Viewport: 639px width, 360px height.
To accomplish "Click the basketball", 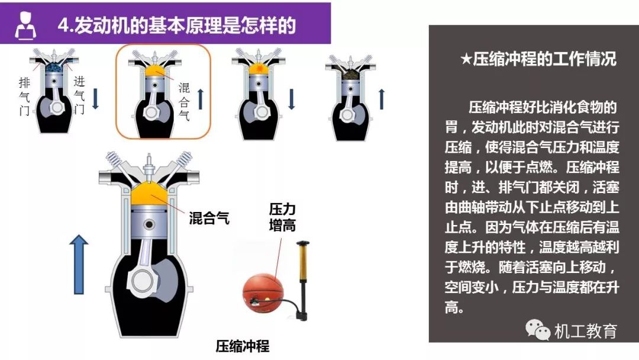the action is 263,293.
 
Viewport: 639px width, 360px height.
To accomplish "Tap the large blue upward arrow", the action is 79,264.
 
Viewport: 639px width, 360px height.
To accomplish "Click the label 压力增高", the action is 282,217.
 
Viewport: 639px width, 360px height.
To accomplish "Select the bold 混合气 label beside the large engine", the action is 209,218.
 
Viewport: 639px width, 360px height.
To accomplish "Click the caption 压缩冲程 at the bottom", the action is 243,346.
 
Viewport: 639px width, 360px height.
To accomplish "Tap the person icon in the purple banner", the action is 25,25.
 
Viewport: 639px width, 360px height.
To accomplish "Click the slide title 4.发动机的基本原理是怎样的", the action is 176,25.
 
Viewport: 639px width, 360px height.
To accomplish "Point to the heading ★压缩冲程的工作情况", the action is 538,59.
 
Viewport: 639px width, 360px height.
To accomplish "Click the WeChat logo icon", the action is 537,329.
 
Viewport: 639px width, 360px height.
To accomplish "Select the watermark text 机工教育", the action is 586,330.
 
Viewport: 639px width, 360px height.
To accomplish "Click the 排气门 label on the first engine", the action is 24,97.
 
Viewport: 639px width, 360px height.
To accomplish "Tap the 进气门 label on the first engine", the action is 79,95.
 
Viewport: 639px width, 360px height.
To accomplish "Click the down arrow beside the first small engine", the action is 95,99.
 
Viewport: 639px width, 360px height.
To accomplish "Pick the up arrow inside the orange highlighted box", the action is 201,99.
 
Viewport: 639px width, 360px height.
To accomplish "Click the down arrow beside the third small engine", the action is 291,99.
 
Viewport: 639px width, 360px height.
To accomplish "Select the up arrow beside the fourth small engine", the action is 382,99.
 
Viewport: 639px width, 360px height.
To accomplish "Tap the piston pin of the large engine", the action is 149,224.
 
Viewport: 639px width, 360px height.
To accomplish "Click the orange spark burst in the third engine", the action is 258,69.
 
